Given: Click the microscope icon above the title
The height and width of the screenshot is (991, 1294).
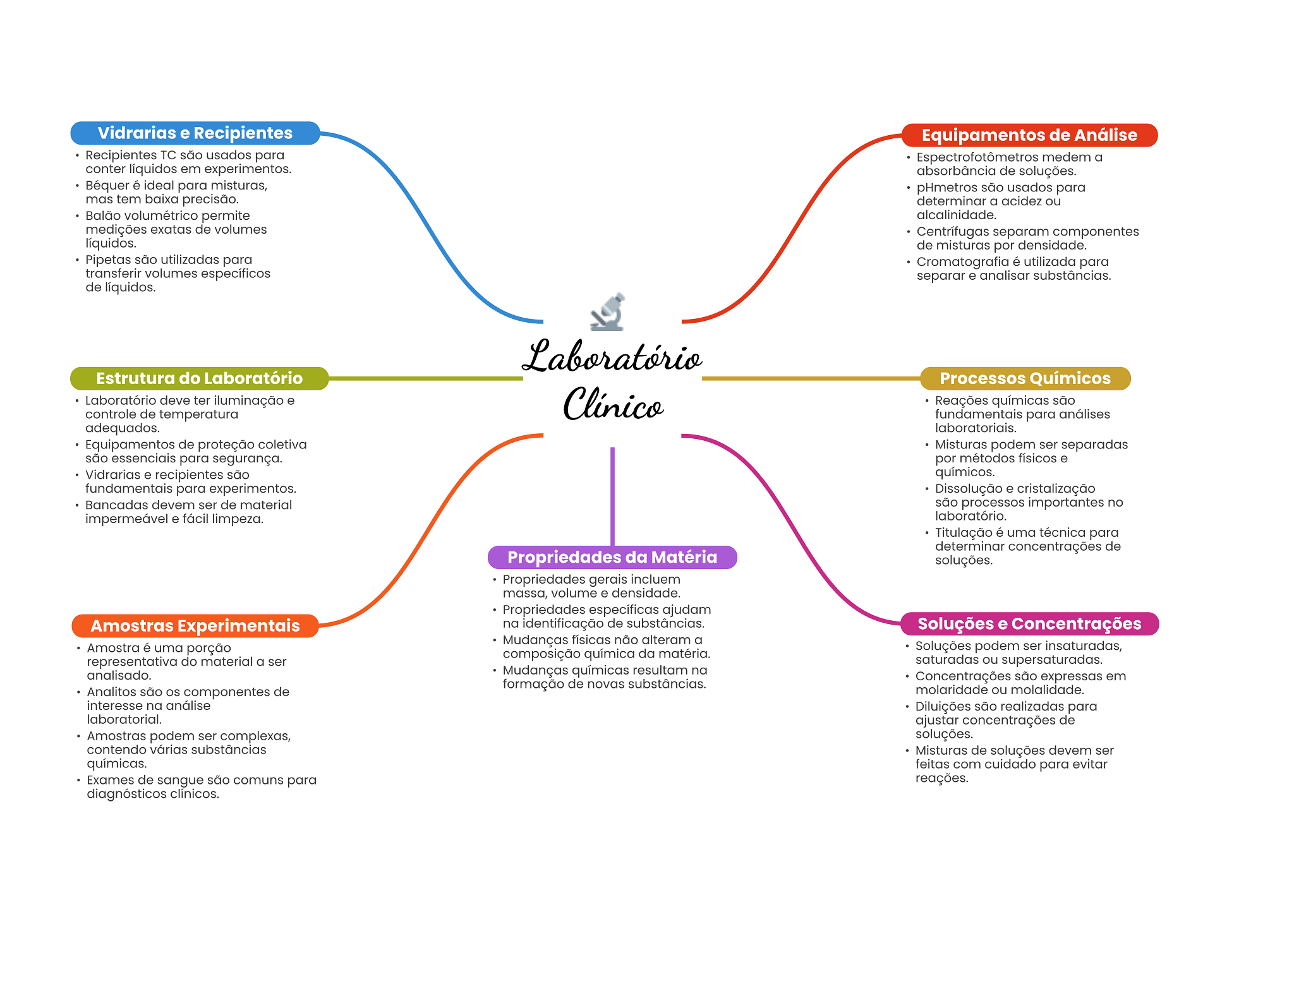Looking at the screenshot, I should point(607,312).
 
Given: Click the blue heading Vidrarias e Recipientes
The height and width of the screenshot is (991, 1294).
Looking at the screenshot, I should point(195,133).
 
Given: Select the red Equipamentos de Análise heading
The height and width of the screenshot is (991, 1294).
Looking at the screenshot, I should point(1029,135).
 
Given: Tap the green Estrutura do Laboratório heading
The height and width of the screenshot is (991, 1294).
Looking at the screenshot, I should point(199,378).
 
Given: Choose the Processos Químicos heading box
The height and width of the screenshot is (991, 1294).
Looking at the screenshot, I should point(1025,378).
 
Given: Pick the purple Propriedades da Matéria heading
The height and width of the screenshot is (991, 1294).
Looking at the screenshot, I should point(612,557).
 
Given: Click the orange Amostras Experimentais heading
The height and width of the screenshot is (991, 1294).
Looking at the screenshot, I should point(195,626).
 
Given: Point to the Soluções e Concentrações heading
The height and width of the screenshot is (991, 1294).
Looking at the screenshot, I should point(1029,624).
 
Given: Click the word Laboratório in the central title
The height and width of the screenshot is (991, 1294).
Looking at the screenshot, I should point(612,357).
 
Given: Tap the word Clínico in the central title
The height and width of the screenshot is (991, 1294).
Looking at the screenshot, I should point(613,405).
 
